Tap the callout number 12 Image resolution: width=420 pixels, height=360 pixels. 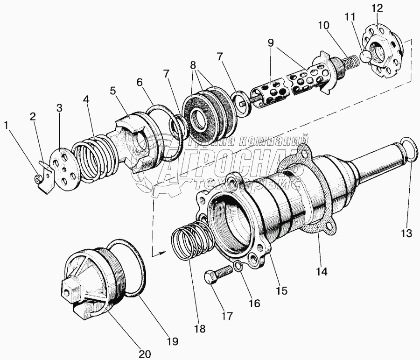377,8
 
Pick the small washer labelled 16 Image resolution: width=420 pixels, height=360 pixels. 238,267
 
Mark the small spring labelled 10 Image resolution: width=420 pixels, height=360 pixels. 347,64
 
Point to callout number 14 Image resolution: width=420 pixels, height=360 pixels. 322,270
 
